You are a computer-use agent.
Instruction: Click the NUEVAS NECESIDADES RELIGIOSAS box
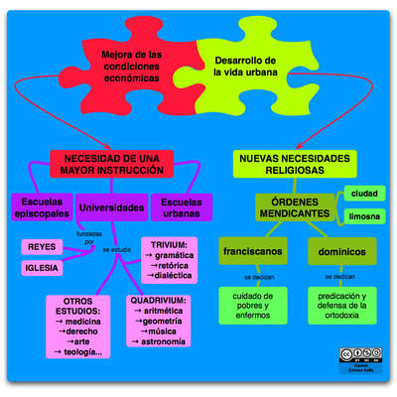[x=295, y=164]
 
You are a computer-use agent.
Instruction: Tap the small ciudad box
[x=362, y=194]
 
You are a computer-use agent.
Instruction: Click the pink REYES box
[x=41, y=246]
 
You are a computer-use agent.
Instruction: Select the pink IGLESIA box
[x=41, y=267]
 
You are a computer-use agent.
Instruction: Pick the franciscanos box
[x=253, y=251]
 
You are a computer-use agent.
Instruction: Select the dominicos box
[x=340, y=251]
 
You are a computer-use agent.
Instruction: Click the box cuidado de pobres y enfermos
[x=252, y=305]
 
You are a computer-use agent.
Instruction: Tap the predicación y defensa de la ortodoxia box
[x=341, y=305]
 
